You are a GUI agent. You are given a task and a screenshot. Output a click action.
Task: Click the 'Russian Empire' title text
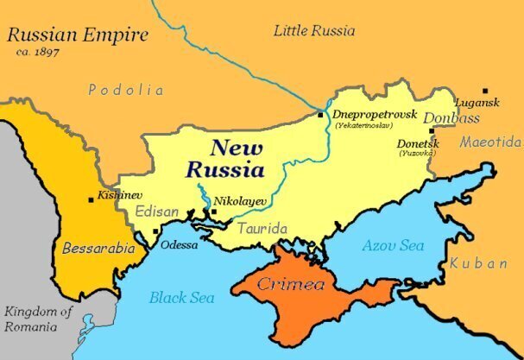[78, 35]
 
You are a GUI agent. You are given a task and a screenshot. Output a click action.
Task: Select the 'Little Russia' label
[314, 31]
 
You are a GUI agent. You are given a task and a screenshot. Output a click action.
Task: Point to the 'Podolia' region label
[126, 90]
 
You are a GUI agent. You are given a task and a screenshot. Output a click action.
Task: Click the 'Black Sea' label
[181, 298]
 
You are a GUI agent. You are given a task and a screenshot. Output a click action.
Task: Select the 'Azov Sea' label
[393, 246]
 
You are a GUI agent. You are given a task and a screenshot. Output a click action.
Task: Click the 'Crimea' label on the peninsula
[296, 283]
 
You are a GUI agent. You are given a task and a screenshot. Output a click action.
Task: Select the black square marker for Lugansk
[485, 91]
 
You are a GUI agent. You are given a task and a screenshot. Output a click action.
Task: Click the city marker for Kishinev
[92, 199]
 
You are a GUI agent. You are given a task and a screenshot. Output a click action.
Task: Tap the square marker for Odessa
[155, 231]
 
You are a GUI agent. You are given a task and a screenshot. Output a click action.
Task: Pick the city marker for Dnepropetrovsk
[320, 114]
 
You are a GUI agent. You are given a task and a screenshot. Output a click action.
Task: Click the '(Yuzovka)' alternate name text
[416, 154]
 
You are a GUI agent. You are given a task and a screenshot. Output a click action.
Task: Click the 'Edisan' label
[158, 211]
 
